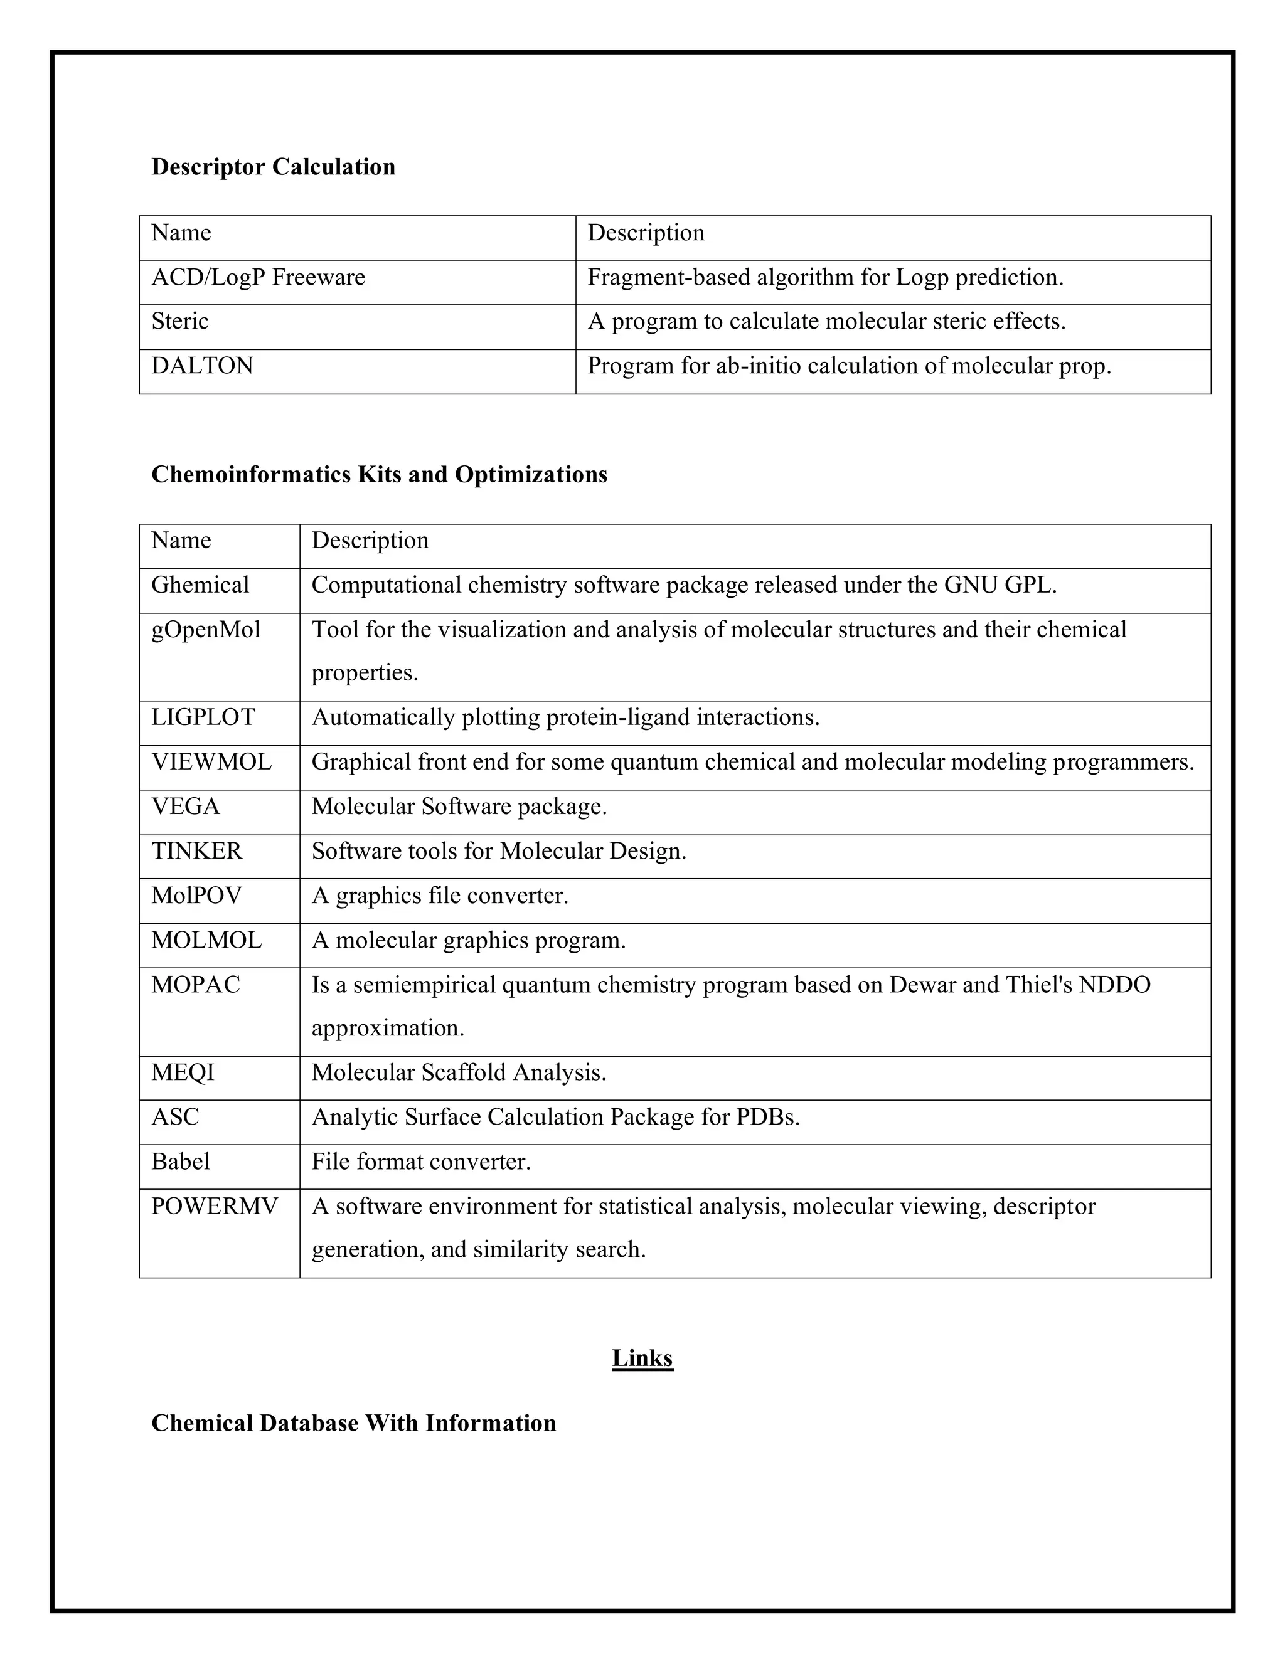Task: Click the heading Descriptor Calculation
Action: tap(274, 167)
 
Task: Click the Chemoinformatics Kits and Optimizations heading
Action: tap(379, 474)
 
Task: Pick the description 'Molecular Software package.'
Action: tap(459, 806)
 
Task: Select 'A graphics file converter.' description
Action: tap(440, 895)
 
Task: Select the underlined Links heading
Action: tap(642, 1358)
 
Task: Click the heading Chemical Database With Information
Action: tap(353, 1423)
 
